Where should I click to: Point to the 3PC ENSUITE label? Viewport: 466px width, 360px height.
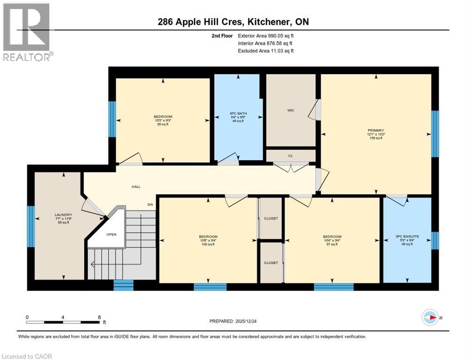coord(407,237)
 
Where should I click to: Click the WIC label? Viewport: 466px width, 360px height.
coord(290,111)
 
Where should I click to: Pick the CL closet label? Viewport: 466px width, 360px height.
coord(291,155)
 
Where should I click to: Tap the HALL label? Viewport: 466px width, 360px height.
coord(136,187)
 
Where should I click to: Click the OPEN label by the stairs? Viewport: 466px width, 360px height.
coord(111,234)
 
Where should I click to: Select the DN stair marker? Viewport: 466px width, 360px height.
coord(150,205)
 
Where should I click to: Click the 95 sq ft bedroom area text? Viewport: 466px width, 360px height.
coord(163,125)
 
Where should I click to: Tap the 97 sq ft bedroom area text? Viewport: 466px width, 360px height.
coord(332,245)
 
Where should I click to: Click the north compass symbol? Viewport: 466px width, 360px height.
coord(430,317)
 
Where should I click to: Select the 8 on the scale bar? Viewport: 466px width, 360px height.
coord(99,317)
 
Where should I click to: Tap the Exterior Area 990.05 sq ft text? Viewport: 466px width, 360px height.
coord(265,36)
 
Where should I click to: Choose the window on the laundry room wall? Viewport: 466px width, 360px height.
coord(30,226)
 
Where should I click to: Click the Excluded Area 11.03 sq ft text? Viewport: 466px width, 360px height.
coord(265,51)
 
